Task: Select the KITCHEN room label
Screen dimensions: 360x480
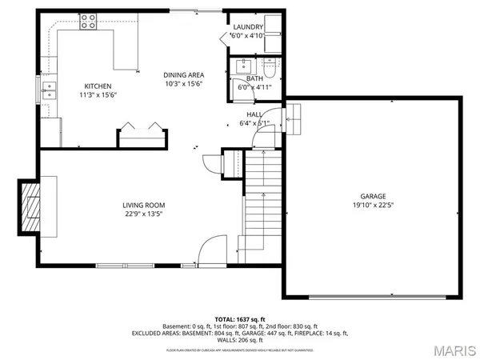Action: pos(98,86)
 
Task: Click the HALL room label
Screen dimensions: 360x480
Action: pos(254,114)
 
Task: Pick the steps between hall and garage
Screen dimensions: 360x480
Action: pos(292,122)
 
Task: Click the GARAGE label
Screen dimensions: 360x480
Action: pos(373,195)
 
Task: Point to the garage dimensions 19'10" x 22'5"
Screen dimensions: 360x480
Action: pos(373,205)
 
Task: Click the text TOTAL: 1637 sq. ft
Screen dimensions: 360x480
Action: pos(240,318)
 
